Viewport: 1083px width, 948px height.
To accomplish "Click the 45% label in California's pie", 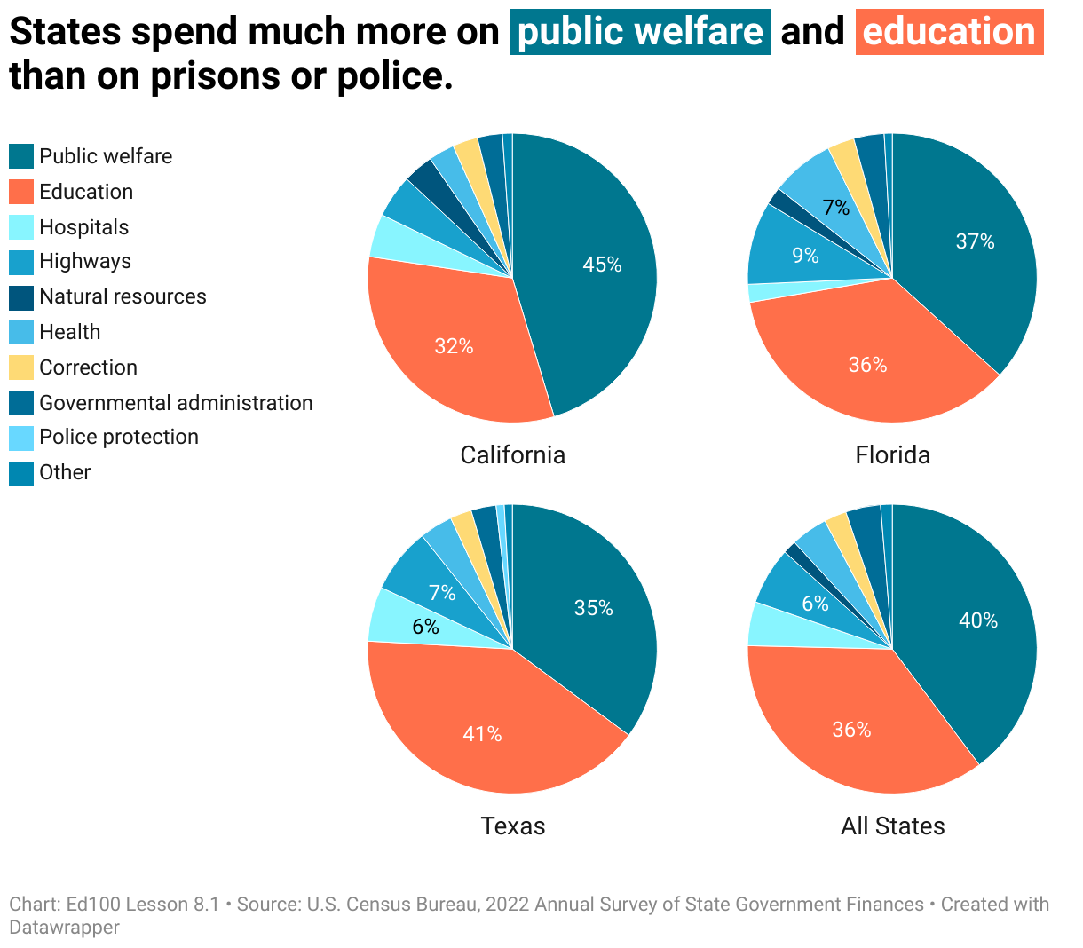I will click(x=602, y=265).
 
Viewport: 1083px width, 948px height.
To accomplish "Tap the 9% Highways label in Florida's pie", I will click(x=805, y=256).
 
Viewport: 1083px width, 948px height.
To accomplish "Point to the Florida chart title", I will click(x=892, y=455).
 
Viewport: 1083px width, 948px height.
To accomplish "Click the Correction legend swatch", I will click(x=21, y=367).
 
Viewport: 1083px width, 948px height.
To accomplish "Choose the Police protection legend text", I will click(x=119, y=437).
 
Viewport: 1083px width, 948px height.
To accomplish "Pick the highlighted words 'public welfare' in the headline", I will click(x=639, y=32).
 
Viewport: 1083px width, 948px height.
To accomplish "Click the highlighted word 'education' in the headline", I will click(x=949, y=32).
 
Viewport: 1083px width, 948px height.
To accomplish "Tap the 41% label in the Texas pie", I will click(x=482, y=734).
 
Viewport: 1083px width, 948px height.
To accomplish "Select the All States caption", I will click(x=892, y=826).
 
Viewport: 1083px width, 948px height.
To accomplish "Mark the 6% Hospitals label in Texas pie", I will click(x=425, y=627).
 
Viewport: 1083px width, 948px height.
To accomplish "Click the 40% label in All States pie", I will click(x=977, y=620).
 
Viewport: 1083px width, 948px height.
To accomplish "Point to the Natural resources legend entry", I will click(x=123, y=296).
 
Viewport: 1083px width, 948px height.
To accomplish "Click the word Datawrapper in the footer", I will click(x=64, y=928).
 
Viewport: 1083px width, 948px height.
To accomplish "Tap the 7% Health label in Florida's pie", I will click(x=835, y=208).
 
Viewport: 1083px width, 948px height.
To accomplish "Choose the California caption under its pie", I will click(x=512, y=455).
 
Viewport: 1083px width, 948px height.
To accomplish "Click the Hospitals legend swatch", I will click(x=21, y=227).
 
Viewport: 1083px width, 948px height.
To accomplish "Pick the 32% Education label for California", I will click(x=454, y=346).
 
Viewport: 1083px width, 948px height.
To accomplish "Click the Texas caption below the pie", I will click(x=512, y=826).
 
